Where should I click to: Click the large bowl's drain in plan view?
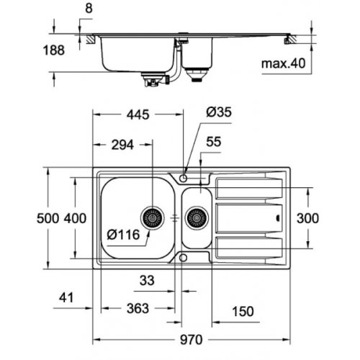(153, 216)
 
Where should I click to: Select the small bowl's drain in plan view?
(194, 216)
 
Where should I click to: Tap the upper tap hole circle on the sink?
(184, 176)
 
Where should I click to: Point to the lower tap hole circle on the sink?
(184, 257)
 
